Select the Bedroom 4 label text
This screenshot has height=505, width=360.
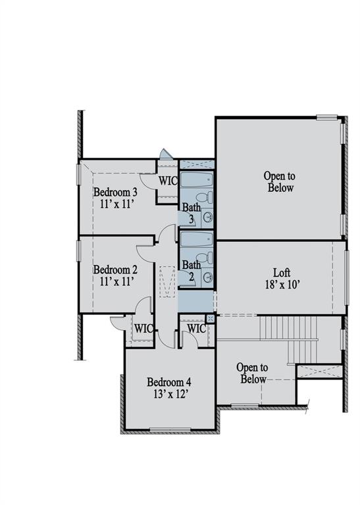pyautogui.click(x=169, y=382)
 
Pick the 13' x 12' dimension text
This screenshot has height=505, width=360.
pyautogui.click(x=168, y=394)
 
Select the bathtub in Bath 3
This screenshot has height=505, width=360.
pyautogui.click(x=196, y=180)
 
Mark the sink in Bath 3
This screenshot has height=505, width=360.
pyautogui.click(x=207, y=217)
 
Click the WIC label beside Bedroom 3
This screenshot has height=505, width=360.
pyautogui.click(x=167, y=181)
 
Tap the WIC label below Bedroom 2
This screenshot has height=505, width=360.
pyautogui.click(x=143, y=328)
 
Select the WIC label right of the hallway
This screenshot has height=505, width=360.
pyautogui.click(x=196, y=328)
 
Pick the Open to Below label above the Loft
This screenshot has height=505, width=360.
pyautogui.click(x=280, y=181)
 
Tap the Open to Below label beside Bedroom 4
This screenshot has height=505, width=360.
pyautogui.click(x=252, y=373)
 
